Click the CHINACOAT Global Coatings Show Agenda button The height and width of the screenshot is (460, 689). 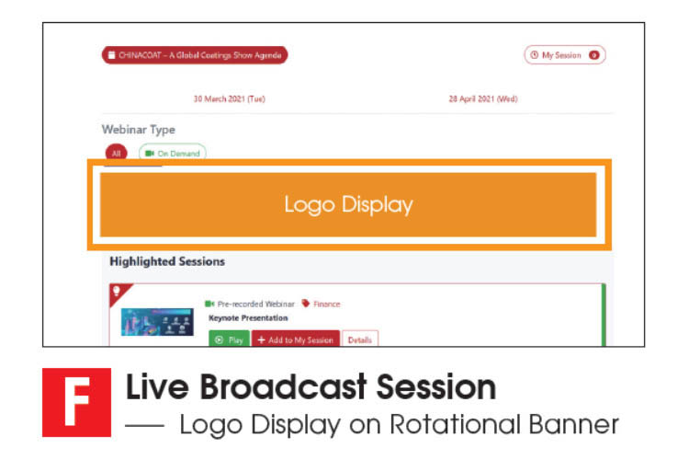[x=195, y=55]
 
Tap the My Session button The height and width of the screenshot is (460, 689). [x=565, y=55]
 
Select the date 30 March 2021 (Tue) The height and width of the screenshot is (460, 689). [x=230, y=99]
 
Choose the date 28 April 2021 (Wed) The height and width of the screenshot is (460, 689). [x=483, y=99]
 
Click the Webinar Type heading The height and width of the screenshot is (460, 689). [x=139, y=130]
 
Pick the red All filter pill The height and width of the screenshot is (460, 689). [x=117, y=153]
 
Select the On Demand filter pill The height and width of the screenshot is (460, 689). [x=173, y=153]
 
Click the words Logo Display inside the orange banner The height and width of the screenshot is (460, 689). [x=348, y=204]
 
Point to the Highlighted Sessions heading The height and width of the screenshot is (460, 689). [x=167, y=261]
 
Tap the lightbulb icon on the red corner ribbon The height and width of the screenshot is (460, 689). [x=117, y=291]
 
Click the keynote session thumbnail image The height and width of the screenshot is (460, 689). [x=157, y=322]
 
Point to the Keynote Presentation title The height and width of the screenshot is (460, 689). [x=248, y=317]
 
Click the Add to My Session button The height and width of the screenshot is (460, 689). [x=296, y=339]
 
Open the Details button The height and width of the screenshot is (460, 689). [x=360, y=339]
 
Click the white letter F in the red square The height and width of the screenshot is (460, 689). [x=77, y=402]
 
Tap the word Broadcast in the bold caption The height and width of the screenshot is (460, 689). [x=284, y=387]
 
